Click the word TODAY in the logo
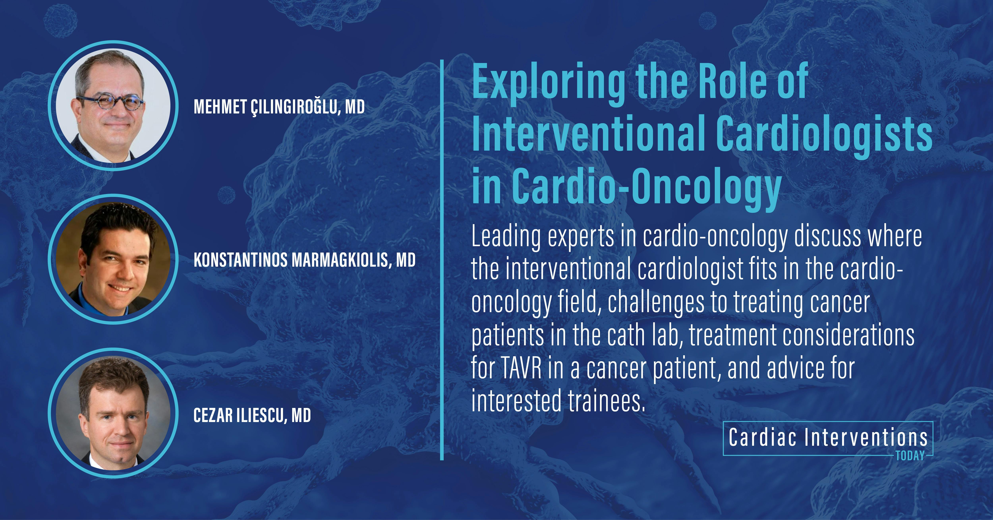910,456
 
